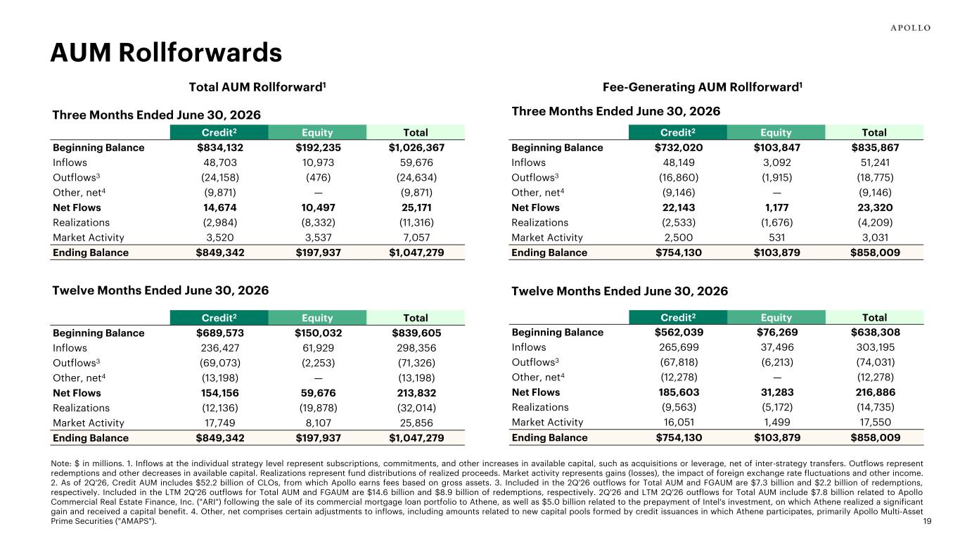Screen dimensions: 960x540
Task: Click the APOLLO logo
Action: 910,28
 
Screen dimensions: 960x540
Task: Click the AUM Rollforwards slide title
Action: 166,53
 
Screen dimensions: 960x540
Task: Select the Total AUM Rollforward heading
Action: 257,87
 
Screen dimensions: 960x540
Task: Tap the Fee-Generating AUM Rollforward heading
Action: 703,87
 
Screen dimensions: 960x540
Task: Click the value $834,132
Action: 220,148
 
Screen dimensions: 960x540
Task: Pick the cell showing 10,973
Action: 318,162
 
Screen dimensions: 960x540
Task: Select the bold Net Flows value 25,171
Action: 416,207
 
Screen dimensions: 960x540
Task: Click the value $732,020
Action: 679,148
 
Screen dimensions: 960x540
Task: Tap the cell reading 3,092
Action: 776,162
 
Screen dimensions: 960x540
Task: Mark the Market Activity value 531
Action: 776,238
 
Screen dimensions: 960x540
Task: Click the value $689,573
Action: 220,333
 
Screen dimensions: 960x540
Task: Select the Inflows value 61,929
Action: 318,348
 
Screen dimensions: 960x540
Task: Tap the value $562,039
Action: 679,332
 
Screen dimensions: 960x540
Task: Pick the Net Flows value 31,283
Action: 777,392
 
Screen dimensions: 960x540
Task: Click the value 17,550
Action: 875,422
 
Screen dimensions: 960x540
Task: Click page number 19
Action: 927,521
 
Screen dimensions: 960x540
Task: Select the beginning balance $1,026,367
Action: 416,148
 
